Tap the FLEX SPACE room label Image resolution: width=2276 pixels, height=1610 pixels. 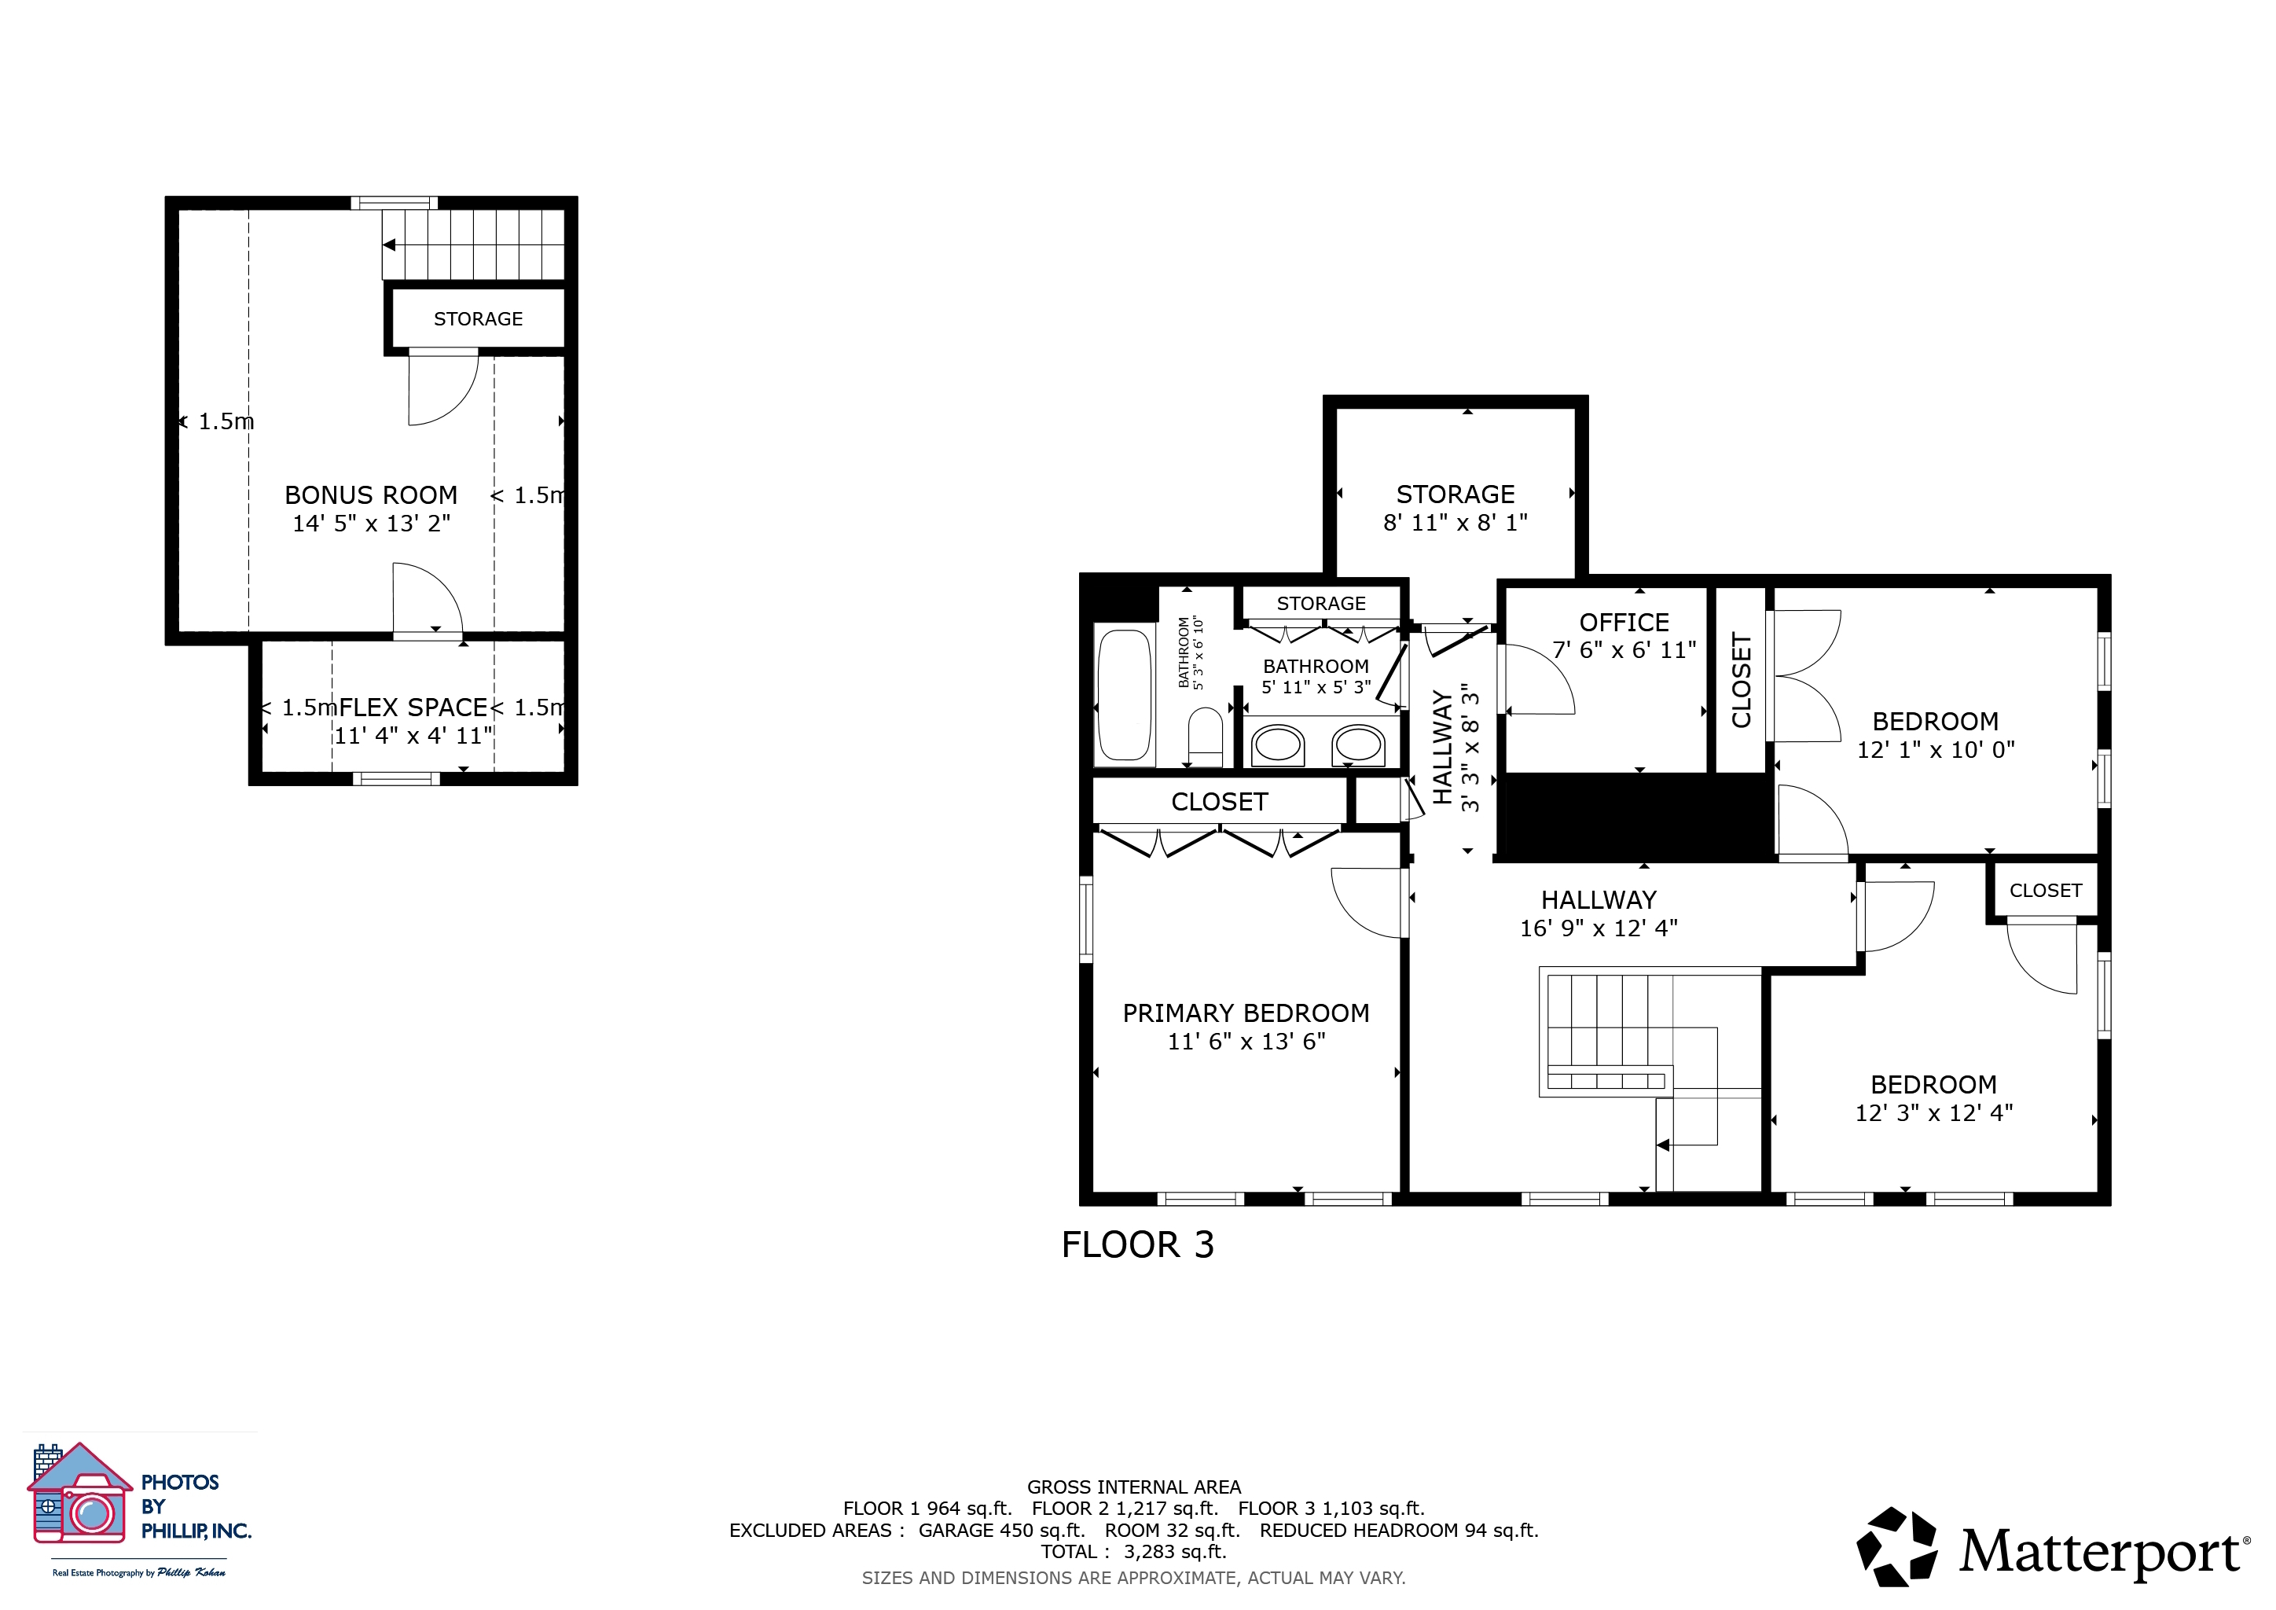(413, 707)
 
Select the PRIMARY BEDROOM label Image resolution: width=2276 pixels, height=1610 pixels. (1246, 1013)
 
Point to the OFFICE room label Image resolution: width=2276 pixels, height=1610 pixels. (1624, 623)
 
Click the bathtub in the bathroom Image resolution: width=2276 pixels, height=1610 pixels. (1124, 695)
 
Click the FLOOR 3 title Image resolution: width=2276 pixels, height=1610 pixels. (1137, 1245)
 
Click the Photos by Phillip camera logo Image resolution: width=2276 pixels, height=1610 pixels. (79, 1494)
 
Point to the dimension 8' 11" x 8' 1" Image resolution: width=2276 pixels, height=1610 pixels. (1456, 523)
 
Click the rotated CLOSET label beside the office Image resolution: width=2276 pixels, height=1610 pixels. (1742, 680)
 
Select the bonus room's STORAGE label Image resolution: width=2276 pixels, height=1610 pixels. (478, 319)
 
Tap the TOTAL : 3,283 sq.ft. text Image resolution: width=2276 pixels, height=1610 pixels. (1134, 1552)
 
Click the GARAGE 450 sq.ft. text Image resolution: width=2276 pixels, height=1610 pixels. (1001, 1530)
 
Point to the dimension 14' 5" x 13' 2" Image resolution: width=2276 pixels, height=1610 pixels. (371, 524)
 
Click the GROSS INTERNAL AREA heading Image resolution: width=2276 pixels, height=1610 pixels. (1134, 1487)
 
